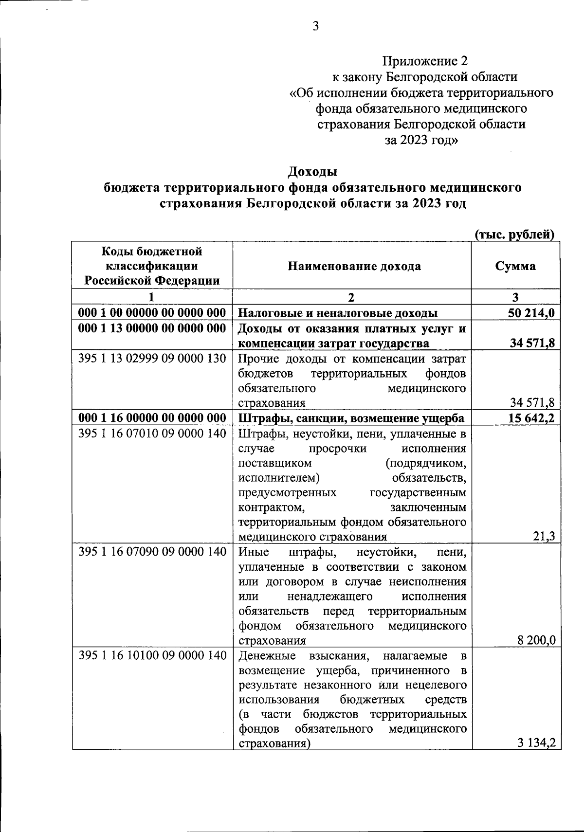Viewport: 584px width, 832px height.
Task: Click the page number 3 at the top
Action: (x=315, y=26)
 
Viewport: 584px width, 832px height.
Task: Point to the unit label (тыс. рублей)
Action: (x=515, y=235)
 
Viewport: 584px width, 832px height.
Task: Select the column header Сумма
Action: (x=515, y=266)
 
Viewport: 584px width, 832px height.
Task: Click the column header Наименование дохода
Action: (x=354, y=266)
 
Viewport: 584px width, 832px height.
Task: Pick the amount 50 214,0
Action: (x=531, y=313)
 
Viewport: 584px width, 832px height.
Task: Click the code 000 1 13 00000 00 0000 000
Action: (x=152, y=328)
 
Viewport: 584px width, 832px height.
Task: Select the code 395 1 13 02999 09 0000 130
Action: (x=152, y=359)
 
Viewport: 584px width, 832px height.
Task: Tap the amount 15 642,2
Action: (x=531, y=418)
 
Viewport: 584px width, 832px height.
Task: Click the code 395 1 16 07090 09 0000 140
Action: (x=152, y=552)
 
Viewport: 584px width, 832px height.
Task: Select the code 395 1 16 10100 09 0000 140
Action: (x=152, y=655)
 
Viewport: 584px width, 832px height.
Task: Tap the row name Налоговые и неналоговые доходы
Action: (x=338, y=313)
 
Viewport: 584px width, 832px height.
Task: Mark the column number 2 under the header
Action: (x=352, y=297)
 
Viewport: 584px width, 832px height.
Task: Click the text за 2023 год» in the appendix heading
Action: (x=421, y=140)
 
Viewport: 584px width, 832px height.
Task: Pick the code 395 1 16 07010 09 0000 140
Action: (x=152, y=433)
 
